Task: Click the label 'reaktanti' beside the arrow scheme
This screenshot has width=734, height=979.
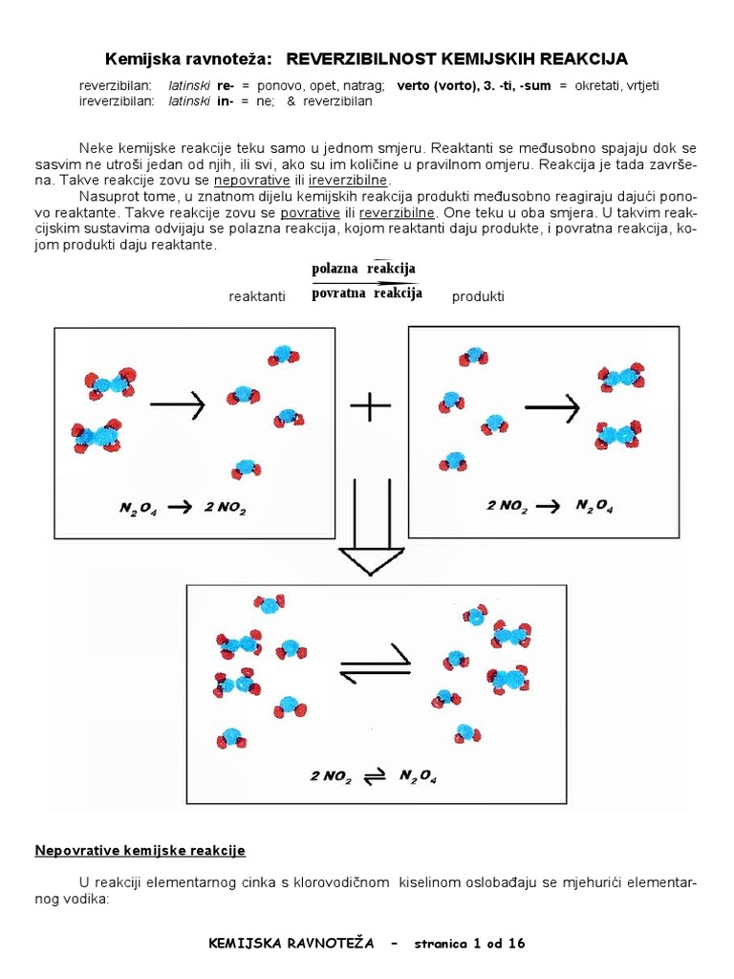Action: click(257, 297)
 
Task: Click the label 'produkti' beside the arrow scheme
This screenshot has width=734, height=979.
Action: click(477, 297)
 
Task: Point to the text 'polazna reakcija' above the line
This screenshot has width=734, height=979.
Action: click(363, 269)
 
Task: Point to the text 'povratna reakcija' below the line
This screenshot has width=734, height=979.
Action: click(367, 294)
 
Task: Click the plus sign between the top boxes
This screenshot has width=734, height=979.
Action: click(371, 408)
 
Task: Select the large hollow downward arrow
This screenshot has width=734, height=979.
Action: click(369, 527)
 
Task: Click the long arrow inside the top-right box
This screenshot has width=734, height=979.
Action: click(552, 408)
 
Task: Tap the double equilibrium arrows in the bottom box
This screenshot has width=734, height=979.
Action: click(374, 662)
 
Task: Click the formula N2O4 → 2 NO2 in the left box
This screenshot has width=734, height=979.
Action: click(182, 508)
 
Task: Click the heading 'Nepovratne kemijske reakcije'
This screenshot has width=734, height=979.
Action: click(140, 850)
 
